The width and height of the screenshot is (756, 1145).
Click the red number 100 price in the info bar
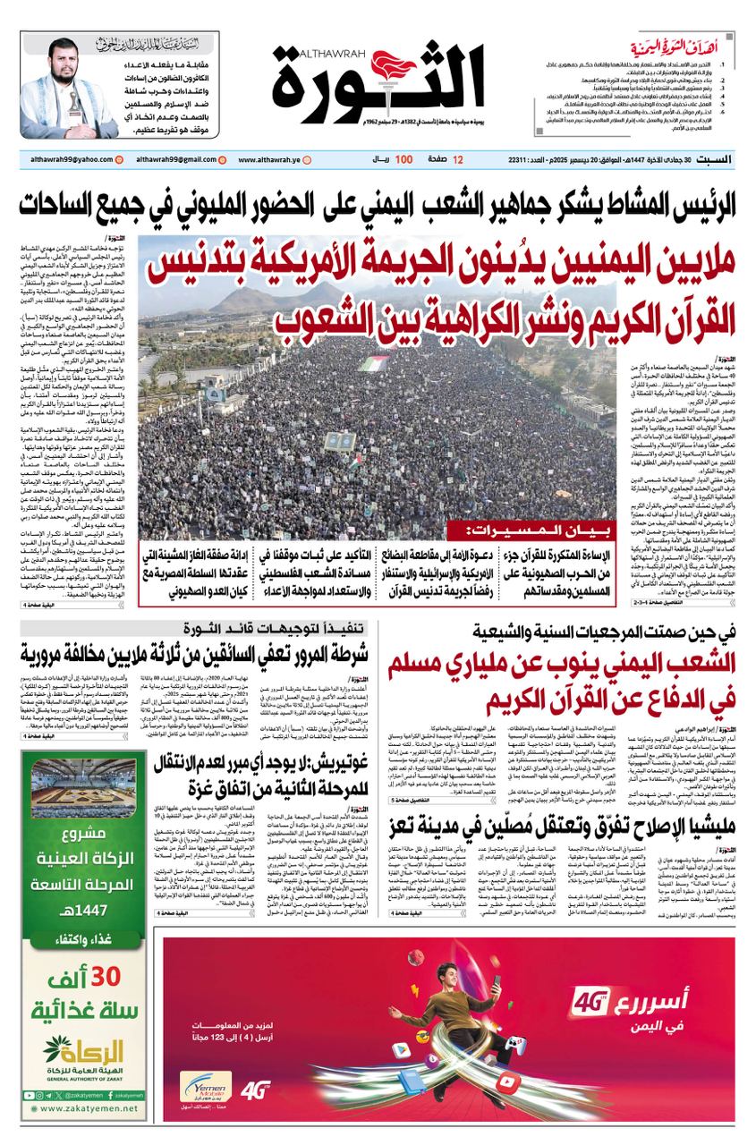point(403,160)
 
